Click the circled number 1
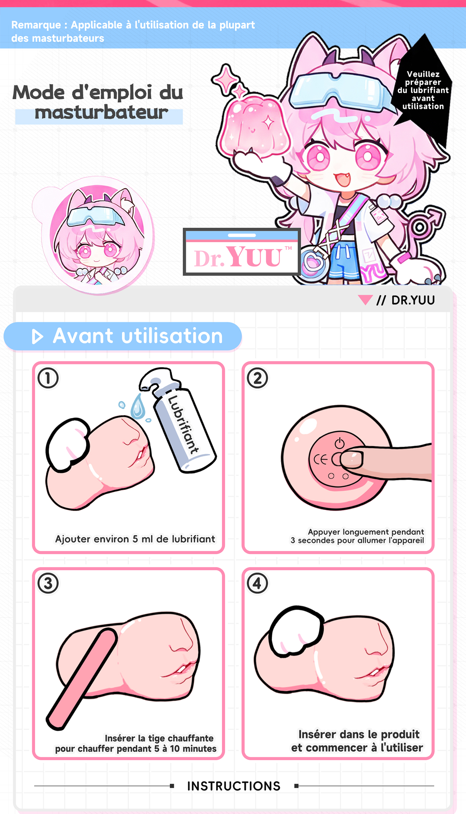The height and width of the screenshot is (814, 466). pos(48,378)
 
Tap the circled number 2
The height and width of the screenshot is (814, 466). pos(257,378)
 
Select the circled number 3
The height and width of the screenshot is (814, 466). pos(48,583)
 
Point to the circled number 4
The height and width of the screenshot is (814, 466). pos(257,583)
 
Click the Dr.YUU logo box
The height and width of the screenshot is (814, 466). pos(242,252)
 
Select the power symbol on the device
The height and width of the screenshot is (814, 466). pos(339,443)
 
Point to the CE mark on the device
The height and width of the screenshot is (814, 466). pos(320,460)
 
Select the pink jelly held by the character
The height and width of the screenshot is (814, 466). pos(255,125)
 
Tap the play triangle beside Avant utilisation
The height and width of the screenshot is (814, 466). pos(37,337)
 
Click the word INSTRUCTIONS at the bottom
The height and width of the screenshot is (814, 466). pos(234,786)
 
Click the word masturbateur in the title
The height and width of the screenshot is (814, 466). pos(101,112)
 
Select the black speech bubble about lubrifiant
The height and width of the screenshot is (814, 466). pos(423,90)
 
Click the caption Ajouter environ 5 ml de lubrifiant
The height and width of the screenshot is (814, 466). pos(135,539)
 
